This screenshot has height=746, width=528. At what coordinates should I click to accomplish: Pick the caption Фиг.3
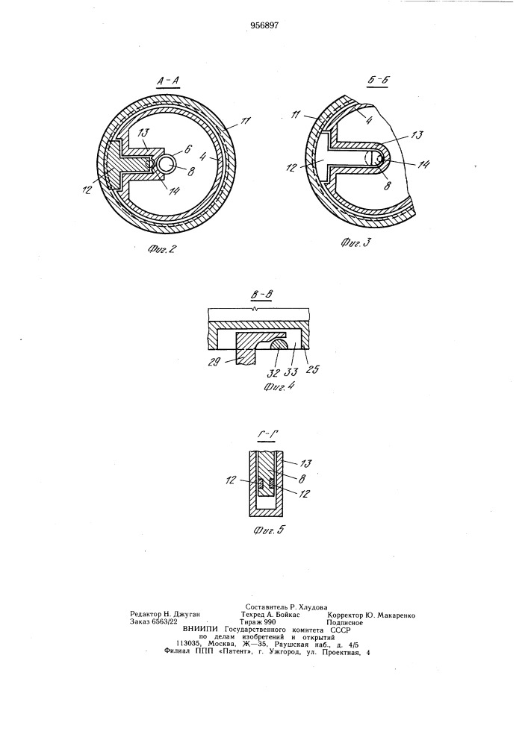[x=355, y=243]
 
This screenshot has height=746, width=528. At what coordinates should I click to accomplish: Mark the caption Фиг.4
[x=279, y=386]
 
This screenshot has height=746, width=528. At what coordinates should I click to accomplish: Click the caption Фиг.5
[x=270, y=529]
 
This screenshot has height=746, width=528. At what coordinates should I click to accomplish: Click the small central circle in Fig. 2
[x=167, y=163]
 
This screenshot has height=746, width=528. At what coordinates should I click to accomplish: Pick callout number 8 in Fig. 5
[x=302, y=479]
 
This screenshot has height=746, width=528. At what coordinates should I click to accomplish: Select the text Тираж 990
[x=258, y=622]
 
